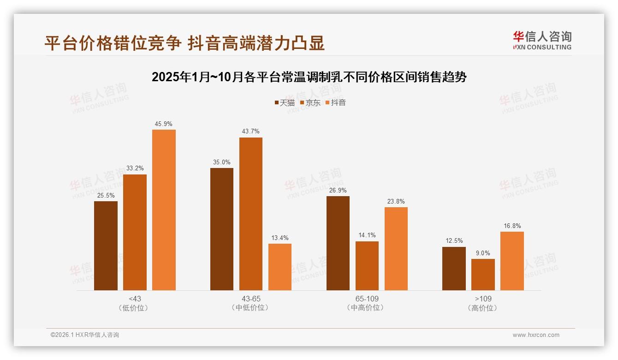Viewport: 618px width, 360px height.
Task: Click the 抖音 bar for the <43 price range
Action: [x=164, y=210]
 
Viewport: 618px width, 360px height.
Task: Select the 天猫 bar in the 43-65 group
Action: [x=222, y=229]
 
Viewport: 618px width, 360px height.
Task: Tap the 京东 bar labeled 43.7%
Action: [x=251, y=214]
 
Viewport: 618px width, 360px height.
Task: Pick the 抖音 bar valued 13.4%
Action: [x=280, y=267]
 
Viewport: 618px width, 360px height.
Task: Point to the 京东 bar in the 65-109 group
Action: [x=367, y=266]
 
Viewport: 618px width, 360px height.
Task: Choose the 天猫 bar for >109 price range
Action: [x=454, y=269]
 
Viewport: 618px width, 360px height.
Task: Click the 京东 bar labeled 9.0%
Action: [x=483, y=275]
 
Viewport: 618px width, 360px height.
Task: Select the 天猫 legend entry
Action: [x=285, y=102]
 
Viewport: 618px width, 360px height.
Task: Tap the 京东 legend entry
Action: [x=310, y=102]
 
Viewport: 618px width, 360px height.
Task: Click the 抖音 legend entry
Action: [x=336, y=102]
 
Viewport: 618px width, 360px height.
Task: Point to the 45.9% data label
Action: [x=164, y=124]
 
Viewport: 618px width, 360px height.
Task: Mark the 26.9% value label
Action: [x=338, y=190]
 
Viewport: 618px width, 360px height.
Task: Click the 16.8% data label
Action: [x=512, y=226]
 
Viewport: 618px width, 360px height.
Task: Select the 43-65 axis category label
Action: [x=251, y=299]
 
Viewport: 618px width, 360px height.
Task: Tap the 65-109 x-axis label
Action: [x=367, y=299]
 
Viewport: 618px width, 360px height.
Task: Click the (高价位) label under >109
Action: [x=483, y=308]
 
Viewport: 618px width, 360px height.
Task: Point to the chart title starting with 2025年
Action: [x=309, y=77]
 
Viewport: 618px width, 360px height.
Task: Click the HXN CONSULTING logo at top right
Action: [x=542, y=41]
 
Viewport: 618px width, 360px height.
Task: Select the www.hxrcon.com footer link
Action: [x=536, y=335]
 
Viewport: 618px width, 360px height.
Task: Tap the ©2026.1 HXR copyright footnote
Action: [x=85, y=335]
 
